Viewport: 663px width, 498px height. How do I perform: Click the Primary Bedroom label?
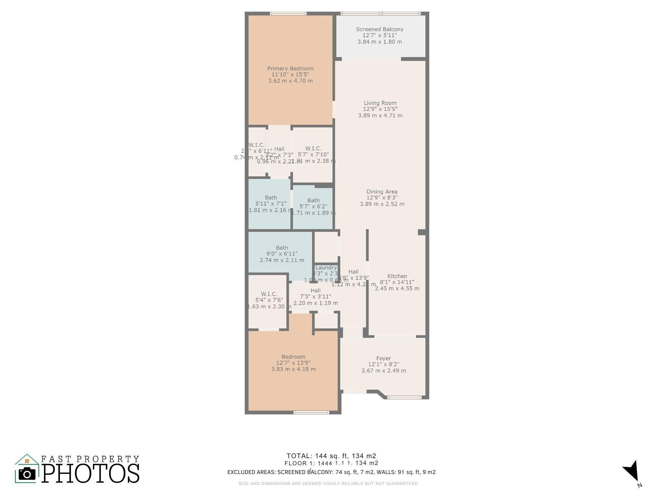[290, 69]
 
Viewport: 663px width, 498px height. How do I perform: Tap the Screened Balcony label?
[379, 30]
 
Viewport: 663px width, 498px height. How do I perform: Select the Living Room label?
[380, 103]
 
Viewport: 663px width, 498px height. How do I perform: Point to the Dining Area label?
[382, 192]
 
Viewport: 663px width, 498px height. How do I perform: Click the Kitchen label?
[397, 276]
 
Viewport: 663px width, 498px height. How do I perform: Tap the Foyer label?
[383, 358]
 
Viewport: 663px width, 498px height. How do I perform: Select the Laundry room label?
[326, 268]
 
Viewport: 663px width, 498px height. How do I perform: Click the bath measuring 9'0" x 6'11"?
[282, 254]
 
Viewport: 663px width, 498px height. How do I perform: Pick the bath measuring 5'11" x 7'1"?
[271, 204]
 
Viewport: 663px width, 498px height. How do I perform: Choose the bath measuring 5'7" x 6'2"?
[313, 207]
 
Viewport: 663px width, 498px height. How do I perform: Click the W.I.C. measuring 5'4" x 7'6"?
[269, 300]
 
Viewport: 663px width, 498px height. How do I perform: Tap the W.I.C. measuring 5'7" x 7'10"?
[313, 155]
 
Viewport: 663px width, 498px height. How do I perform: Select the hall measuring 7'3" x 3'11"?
[315, 297]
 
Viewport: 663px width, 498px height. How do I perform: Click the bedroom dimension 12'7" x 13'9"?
[293, 363]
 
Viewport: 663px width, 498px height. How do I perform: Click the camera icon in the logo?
[27, 474]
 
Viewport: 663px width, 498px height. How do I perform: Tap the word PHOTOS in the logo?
[91, 474]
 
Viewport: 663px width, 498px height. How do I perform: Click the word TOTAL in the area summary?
[299, 456]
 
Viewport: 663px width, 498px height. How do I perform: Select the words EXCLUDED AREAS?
[251, 472]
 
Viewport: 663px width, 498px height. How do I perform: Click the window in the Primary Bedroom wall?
[288, 14]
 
